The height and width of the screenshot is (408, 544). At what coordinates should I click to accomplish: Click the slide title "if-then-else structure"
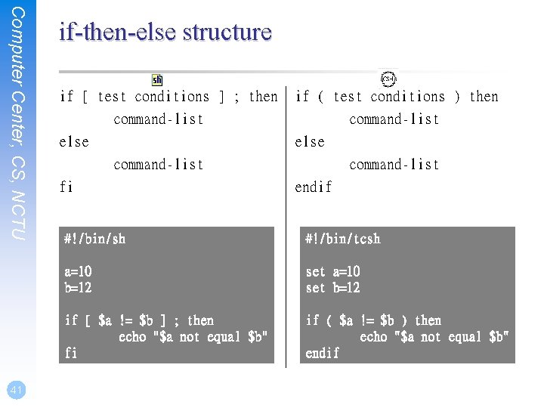[165, 32]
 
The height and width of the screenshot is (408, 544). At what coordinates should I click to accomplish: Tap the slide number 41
[16, 390]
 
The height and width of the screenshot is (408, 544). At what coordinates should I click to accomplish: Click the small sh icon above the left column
[157, 79]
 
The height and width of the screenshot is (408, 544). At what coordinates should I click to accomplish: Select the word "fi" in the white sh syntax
[66, 187]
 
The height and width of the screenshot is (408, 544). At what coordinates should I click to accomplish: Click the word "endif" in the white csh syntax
[313, 187]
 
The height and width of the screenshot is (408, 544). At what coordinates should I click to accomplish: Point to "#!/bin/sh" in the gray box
[95, 239]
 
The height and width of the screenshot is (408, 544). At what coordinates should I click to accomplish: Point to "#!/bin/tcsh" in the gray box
[342, 239]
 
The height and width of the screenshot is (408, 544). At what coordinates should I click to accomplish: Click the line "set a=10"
[332, 271]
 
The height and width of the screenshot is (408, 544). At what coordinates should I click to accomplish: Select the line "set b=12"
[332, 288]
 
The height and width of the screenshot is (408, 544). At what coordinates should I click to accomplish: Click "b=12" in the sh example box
[79, 288]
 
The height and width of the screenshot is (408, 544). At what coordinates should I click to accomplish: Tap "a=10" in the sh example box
[79, 271]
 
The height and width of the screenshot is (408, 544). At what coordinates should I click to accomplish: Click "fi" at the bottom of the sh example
[71, 353]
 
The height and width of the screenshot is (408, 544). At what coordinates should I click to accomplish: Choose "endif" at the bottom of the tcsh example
[323, 353]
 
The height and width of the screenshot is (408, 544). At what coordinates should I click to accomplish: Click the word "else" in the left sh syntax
[74, 142]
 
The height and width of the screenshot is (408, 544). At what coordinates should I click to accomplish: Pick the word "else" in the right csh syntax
[310, 142]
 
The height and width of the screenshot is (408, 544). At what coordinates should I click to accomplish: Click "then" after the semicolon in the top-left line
[263, 97]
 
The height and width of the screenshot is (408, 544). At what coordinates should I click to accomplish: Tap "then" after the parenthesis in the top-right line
[484, 97]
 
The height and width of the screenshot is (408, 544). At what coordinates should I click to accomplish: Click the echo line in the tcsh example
[434, 337]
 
